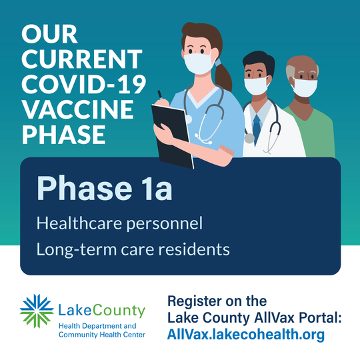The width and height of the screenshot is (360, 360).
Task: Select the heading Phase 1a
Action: tap(104, 189)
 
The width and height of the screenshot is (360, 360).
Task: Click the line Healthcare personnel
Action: tap(119, 223)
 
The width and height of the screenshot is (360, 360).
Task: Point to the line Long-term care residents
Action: tap(133, 249)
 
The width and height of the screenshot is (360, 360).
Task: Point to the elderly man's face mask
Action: tap(305, 87)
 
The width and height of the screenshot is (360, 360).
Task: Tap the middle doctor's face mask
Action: tap(257, 85)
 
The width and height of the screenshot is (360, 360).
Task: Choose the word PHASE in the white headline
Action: tap(64, 134)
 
